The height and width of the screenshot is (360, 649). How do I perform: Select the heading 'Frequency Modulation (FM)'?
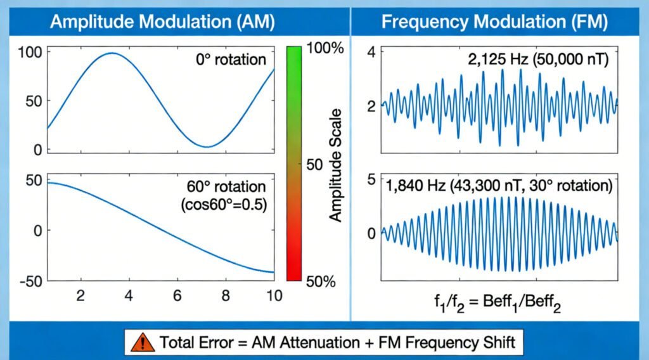pos(494,22)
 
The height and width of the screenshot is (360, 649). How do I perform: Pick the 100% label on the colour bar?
pos(324,49)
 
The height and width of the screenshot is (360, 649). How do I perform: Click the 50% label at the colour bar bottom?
pos(320,281)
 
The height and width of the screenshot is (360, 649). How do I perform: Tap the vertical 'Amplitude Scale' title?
pos(335,165)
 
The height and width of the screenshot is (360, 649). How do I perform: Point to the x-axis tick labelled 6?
pos(177,295)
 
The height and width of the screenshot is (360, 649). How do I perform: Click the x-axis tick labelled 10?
pos(274,295)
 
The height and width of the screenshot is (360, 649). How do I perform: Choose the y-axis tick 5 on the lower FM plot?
pos(372,180)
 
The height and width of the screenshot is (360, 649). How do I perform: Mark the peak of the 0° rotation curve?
pos(112,53)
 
